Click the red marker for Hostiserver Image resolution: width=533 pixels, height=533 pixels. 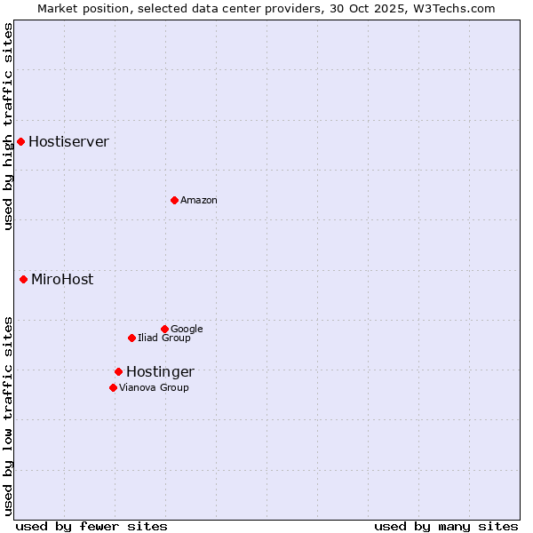click(x=20, y=141)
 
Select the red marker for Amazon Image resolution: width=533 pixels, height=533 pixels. click(x=174, y=200)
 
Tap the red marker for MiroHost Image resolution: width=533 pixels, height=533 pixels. click(x=23, y=279)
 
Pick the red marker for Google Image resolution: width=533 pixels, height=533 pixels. click(x=164, y=329)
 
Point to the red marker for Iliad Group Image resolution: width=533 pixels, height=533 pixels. click(x=131, y=338)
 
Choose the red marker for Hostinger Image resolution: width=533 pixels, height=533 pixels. click(x=118, y=371)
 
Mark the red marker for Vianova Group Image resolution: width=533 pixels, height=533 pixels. click(x=113, y=387)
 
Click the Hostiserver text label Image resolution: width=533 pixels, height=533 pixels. click(x=68, y=142)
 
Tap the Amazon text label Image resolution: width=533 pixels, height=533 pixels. click(x=199, y=201)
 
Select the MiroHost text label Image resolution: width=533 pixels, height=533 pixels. click(x=62, y=280)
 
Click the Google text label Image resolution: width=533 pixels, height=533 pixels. click(x=187, y=330)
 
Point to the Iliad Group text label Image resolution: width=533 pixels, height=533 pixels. click(x=164, y=338)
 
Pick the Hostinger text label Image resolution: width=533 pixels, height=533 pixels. click(x=160, y=372)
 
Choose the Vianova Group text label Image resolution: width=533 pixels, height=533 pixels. click(x=154, y=388)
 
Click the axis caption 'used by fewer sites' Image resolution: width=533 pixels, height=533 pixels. click(x=91, y=526)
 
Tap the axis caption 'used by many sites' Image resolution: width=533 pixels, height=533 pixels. click(x=446, y=526)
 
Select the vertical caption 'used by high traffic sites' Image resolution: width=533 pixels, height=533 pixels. click(x=9, y=126)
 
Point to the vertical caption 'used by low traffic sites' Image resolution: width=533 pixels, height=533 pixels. click(x=9, y=416)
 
